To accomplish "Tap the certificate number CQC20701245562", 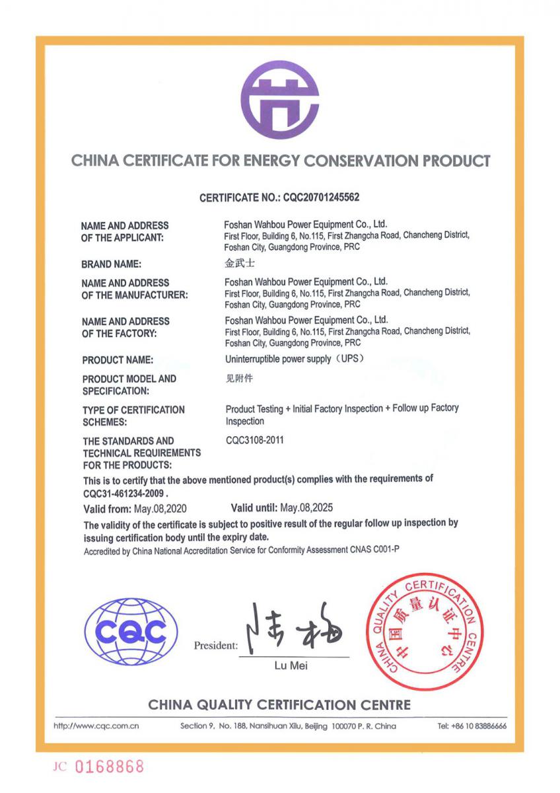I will click(x=320, y=198).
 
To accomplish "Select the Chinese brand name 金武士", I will click(x=239, y=263).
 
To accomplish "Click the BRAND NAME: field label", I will click(x=111, y=264).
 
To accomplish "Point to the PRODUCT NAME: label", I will click(x=118, y=360).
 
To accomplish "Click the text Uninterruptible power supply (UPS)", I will click(x=295, y=359).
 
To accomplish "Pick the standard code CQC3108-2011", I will click(x=254, y=440).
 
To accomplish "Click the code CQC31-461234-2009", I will click(x=125, y=493).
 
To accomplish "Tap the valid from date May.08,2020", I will click(x=156, y=509).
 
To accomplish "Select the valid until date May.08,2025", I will click(x=306, y=508).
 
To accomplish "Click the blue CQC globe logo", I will click(x=131, y=632).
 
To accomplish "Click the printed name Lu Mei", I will click(x=291, y=665).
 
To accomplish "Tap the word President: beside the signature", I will click(x=216, y=646).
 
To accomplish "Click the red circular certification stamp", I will click(x=425, y=632).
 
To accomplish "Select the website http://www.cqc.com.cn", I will click(x=96, y=726).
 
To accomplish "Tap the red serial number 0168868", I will click(x=109, y=767).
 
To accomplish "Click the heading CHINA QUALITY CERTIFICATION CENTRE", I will click(x=279, y=704).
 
